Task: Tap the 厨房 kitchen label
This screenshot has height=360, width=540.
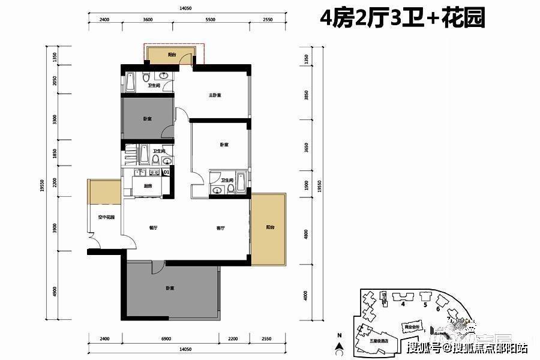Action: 148,186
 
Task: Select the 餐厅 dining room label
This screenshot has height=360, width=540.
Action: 153,228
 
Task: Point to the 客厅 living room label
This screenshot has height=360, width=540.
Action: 220,228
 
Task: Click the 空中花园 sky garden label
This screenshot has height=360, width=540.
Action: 107,217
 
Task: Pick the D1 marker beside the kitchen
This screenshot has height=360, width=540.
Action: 166,173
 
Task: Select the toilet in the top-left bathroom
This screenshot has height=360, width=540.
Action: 147,78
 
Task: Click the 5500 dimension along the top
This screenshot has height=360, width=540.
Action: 210,20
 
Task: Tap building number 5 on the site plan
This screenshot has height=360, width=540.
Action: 425,305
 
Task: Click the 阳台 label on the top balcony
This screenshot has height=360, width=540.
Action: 172,55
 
